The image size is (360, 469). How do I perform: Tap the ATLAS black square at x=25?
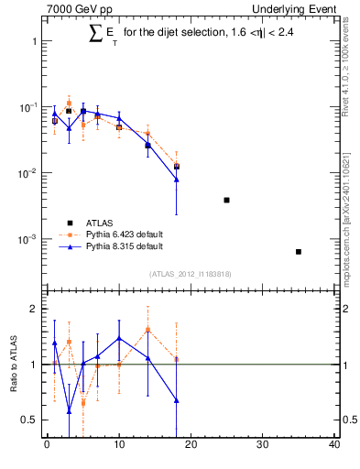point(226,200)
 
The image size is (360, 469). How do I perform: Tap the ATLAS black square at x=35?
point(299,251)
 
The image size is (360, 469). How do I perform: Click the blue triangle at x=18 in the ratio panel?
point(176,400)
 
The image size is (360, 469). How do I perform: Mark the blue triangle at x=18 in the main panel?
point(176,180)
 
